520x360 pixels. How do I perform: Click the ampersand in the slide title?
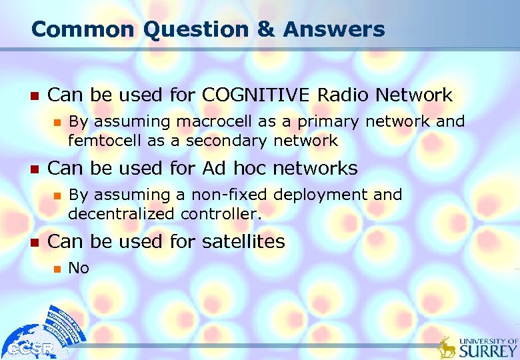coord(266,29)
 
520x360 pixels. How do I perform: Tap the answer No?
coord(79,268)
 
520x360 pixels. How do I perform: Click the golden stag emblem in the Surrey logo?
coord(447,347)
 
